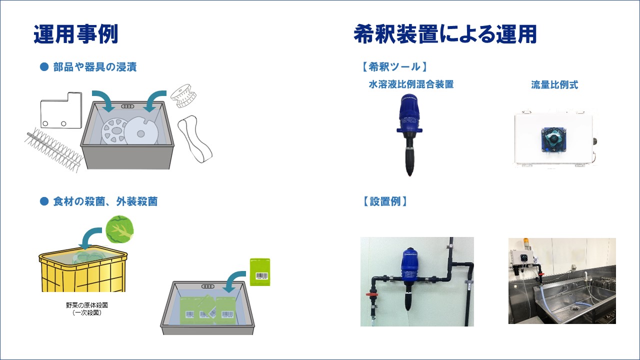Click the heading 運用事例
tap(75, 34)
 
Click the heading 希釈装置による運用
tap(445, 34)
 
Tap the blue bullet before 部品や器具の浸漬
tap(44, 67)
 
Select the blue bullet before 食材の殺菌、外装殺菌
tap(44, 201)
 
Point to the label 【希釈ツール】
tap(394, 67)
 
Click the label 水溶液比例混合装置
tap(411, 84)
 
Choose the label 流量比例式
tap(554, 85)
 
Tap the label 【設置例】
tap(385, 201)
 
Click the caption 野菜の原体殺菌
tap(87, 305)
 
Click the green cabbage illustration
tap(119, 229)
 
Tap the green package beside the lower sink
tap(260, 272)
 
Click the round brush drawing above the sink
tap(183, 95)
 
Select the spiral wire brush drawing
tap(54, 149)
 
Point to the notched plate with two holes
tap(61, 110)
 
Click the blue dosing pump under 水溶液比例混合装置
tap(409, 134)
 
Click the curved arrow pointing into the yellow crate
tap(90, 237)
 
